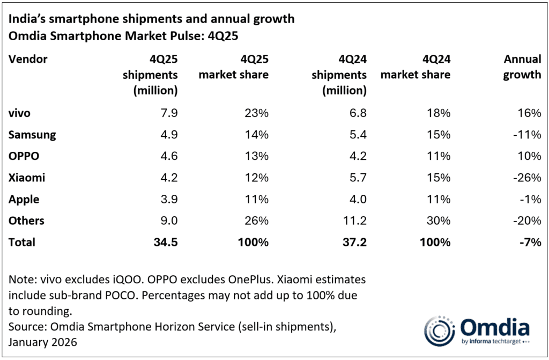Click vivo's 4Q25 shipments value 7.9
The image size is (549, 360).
click(167, 113)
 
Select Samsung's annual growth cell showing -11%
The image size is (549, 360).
click(526, 135)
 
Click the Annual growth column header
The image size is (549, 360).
click(522, 67)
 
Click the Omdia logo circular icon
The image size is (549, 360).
click(437, 328)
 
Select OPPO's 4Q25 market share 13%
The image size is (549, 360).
click(256, 156)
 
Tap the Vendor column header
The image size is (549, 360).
click(28, 59)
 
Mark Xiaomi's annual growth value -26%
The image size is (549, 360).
click(526, 178)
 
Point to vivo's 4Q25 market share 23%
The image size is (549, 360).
click(256, 113)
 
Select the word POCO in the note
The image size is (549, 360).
click(157, 296)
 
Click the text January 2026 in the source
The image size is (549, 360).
click(43, 342)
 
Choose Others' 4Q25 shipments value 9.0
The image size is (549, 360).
click(167, 221)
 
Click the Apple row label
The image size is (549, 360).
click(24, 199)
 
